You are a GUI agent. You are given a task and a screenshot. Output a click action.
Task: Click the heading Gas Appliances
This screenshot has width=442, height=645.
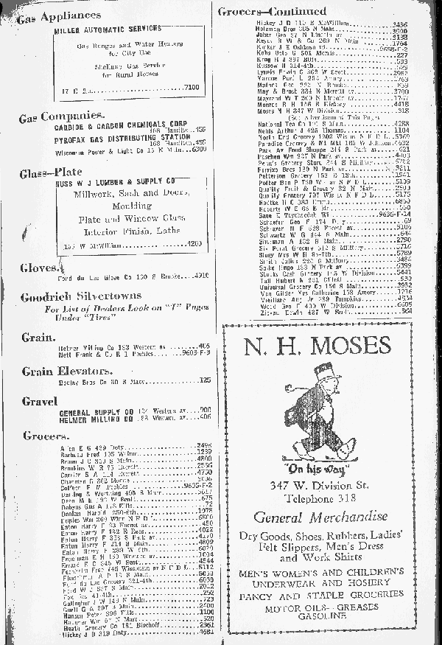coord(60,15)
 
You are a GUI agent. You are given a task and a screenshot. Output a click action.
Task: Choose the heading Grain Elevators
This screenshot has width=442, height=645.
coord(66,371)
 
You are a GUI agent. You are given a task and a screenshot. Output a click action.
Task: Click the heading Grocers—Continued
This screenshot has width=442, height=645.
coord(272,12)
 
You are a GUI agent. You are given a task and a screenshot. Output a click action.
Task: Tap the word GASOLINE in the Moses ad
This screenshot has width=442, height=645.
coord(318,614)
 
